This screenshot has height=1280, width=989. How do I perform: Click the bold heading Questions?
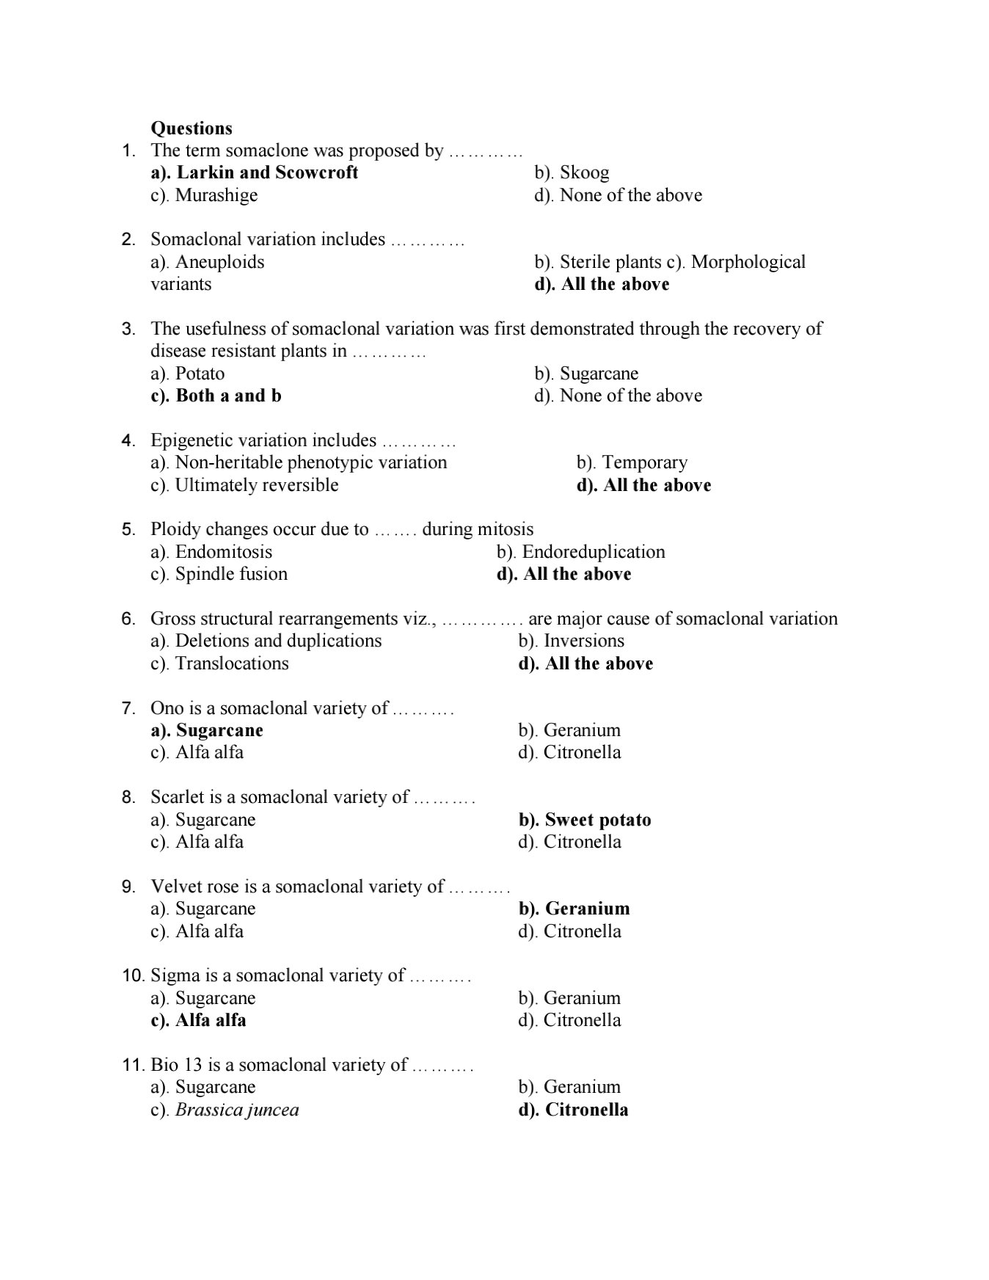(191, 128)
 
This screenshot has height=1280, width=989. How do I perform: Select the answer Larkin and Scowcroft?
(254, 172)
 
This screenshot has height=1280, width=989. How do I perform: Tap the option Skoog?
(572, 172)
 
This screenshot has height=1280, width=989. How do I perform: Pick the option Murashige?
(204, 195)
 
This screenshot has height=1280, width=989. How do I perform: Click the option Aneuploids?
(207, 262)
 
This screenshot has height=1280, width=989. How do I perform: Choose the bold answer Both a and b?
(216, 396)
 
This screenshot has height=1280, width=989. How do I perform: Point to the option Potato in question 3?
(188, 374)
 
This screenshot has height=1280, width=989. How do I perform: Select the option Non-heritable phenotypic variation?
(299, 462)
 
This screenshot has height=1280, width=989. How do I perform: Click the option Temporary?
(632, 462)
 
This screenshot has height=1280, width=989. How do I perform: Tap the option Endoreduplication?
(580, 552)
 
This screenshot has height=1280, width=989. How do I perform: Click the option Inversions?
(571, 641)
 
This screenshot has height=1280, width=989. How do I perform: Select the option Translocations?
(219, 663)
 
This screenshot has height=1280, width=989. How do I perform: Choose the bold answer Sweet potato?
(585, 820)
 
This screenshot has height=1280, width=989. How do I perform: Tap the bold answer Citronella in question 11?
(573, 1110)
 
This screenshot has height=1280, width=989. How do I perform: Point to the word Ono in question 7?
(166, 708)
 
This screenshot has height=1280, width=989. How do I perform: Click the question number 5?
(128, 530)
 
